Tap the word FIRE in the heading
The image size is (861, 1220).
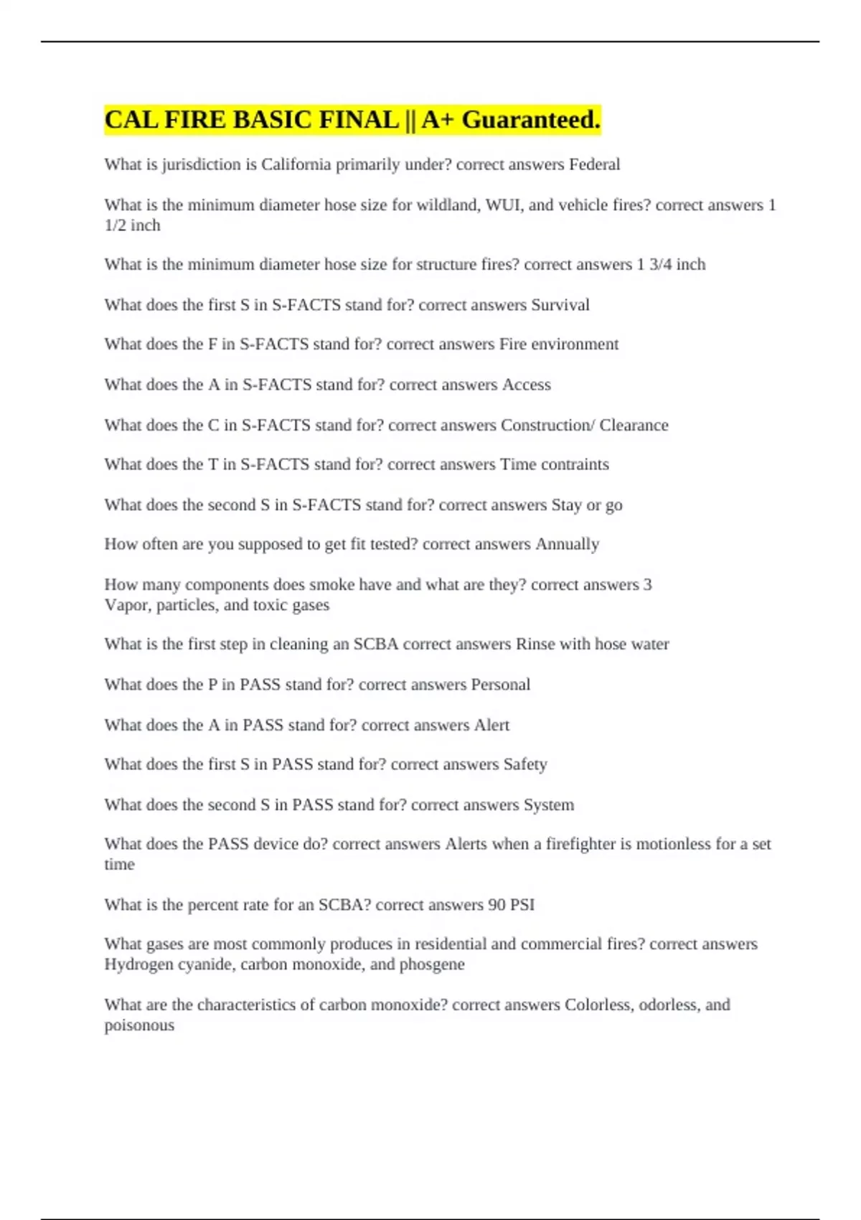pyautogui.click(x=195, y=120)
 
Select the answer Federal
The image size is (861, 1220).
pyautogui.click(x=594, y=164)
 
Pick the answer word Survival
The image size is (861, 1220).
pyautogui.click(x=560, y=305)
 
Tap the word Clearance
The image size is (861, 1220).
pyautogui.click(x=634, y=426)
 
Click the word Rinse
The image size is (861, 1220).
pyautogui.click(x=535, y=644)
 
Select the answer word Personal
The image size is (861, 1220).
pyautogui.click(x=500, y=685)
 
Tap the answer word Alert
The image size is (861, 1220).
pyautogui.click(x=491, y=726)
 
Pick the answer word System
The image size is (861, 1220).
pyautogui.click(x=548, y=805)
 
